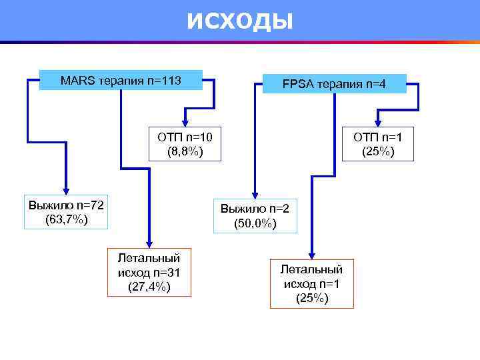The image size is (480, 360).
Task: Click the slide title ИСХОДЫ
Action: [239, 21]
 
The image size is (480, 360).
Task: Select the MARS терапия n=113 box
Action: [121, 81]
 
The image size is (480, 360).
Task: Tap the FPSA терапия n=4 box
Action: [334, 84]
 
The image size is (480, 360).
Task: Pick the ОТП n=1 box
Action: [377, 145]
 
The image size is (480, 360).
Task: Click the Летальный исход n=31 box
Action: [149, 272]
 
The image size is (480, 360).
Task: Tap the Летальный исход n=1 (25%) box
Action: [311, 283]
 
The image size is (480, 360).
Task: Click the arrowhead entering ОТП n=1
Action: [378, 123]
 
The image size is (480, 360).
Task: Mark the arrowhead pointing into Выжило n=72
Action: [65, 190]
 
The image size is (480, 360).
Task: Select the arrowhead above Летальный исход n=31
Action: [149, 243]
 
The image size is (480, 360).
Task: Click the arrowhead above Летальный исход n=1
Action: [311, 253]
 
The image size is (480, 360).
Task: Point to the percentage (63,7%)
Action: [65, 219]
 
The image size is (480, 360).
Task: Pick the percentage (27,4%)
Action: [149, 287]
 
